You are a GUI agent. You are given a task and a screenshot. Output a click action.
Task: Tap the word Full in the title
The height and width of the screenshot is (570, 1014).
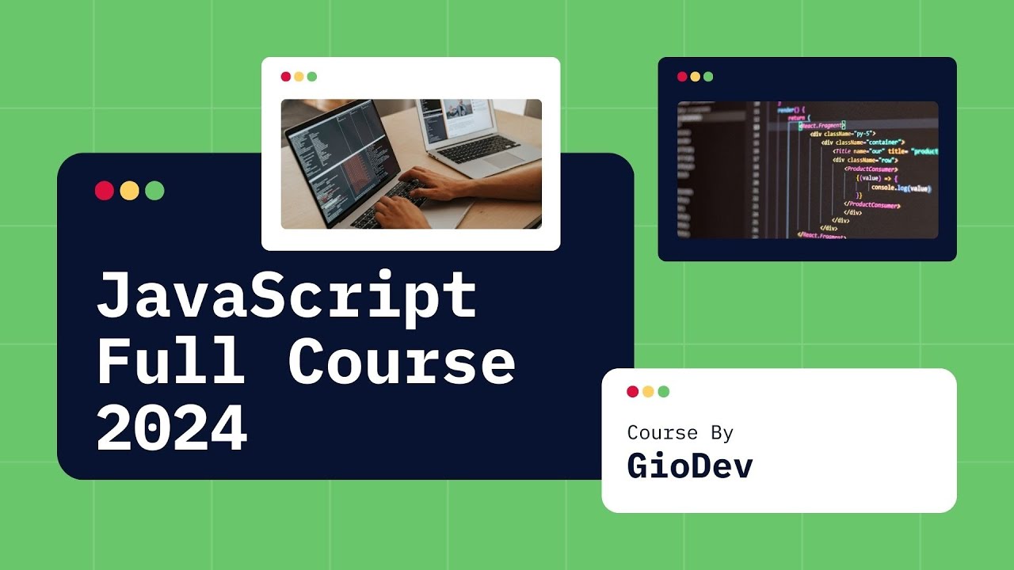pos(170,362)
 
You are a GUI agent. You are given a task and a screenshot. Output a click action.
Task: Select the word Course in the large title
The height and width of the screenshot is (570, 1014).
pos(402,362)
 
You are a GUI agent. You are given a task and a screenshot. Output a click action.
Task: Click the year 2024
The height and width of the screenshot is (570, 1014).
pos(172,427)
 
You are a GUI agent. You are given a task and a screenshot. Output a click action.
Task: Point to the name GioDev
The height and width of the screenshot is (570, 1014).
pos(689,466)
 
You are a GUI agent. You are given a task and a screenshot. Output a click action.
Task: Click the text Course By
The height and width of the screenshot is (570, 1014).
pos(680,433)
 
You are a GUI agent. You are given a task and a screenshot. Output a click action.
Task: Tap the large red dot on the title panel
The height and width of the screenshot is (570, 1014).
pos(105,191)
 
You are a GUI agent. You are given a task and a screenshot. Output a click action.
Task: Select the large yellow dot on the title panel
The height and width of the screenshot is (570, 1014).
pos(130,191)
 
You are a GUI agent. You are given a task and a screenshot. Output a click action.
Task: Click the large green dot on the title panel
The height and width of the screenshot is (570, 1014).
pos(155,191)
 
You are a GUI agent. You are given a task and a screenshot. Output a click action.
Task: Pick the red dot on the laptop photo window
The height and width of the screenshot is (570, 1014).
pos(286,77)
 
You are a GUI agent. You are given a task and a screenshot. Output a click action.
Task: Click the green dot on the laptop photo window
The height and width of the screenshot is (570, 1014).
pos(312,77)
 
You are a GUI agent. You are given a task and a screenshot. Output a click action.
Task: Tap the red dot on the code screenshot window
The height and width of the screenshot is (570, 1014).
pos(682,77)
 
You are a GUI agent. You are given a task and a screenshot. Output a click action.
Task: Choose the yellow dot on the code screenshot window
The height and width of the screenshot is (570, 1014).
pos(695,77)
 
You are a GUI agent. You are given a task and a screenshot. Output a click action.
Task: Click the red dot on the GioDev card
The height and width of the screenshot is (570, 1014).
pos(632,392)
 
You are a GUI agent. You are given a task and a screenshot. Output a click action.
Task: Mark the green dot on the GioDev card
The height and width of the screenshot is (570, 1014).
pos(664,392)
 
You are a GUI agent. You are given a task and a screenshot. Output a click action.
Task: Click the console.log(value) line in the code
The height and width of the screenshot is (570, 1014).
pos(900,188)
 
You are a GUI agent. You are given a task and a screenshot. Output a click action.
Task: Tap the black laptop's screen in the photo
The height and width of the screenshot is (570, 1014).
pos(337,150)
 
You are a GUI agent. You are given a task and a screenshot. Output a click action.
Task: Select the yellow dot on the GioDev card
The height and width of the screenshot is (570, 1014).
pos(648,392)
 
